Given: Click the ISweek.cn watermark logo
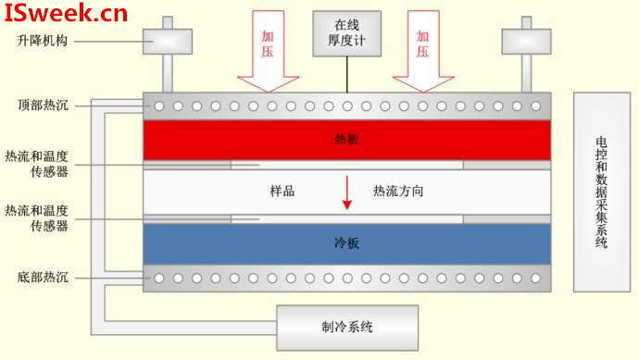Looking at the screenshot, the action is point(66,13).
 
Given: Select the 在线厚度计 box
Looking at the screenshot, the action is point(346,33).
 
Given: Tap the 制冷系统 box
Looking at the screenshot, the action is point(347,328).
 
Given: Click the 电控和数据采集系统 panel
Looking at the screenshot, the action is point(602,192).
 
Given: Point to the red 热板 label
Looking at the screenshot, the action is point(346,139).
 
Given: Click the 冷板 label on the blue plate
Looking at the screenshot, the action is point(346,243).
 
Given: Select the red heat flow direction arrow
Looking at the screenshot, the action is point(346,192).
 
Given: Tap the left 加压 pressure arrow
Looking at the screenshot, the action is point(269,51).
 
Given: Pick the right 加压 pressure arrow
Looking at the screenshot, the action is point(423,51).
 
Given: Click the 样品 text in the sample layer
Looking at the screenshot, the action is point(282,191).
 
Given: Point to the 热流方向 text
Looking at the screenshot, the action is point(398,191).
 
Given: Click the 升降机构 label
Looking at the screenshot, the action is point(42,41).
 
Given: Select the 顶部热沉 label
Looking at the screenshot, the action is point(43,106).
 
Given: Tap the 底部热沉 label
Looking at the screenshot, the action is point(43,278).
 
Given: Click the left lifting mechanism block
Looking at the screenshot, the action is point(168,42).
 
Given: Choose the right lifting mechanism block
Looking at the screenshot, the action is point(527,42).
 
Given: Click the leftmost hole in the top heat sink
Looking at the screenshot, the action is point(159,106).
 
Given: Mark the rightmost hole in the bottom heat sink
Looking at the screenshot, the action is point(535,279).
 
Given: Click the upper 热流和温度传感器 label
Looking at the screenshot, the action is point(37,164).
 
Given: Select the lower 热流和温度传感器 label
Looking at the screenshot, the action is point(37,217).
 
